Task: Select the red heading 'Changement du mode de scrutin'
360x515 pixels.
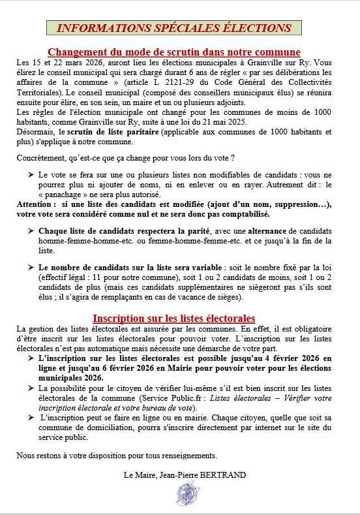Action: click(174, 52)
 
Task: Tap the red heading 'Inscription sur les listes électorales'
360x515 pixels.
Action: click(174, 318)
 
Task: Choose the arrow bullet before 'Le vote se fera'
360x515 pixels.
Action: click(32, 176)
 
